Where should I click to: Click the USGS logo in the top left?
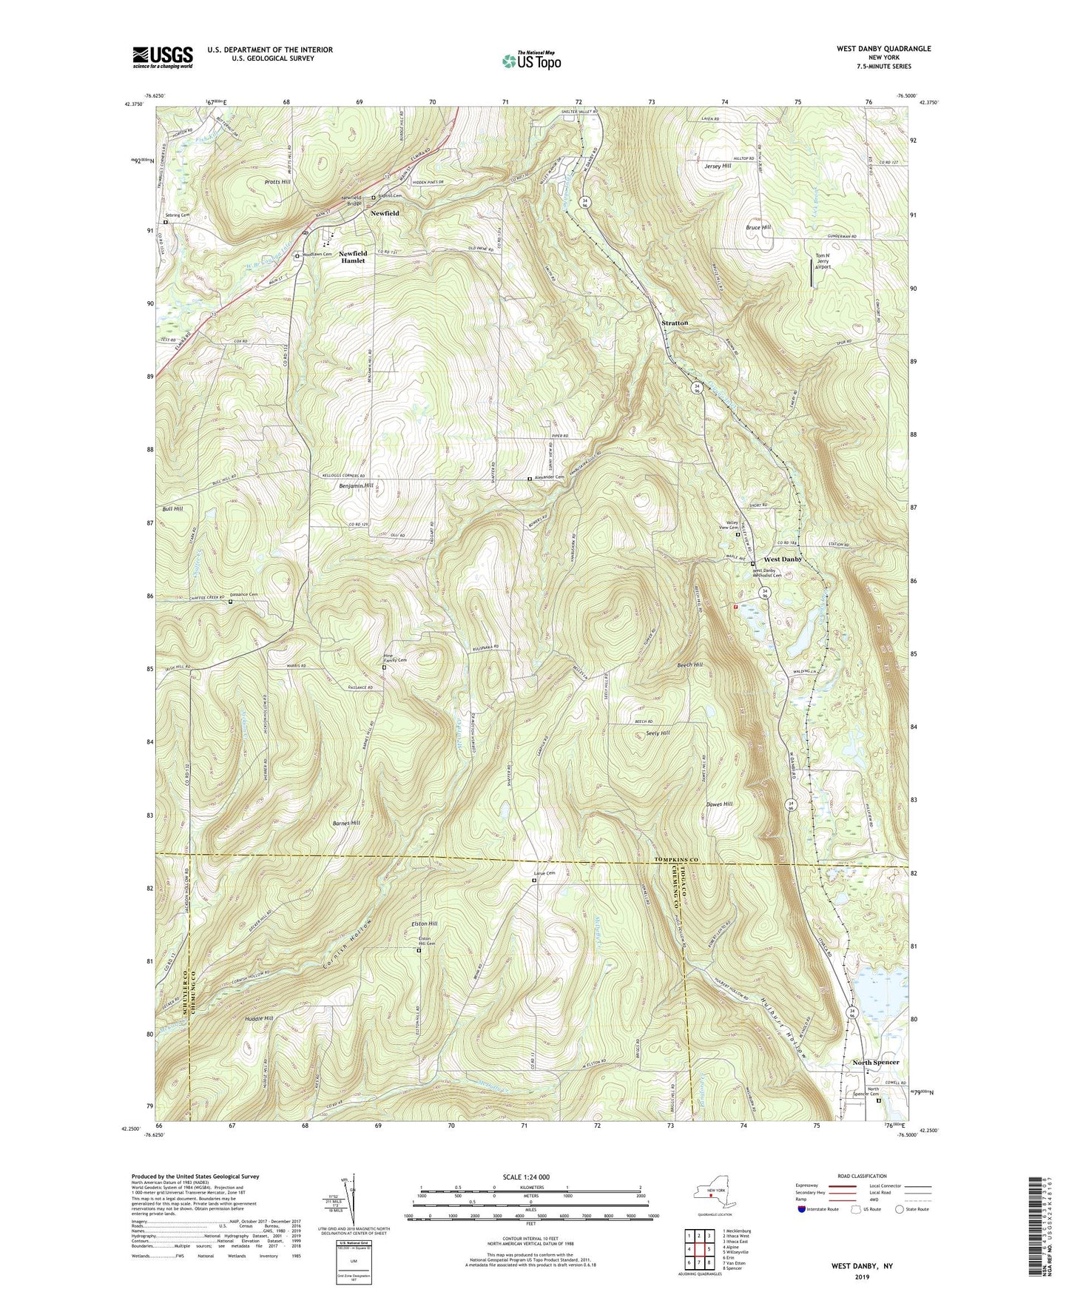click(x=163, y=57)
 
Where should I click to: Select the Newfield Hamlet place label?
click(x=352, y=257)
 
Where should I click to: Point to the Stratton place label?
click(x=674, y=323)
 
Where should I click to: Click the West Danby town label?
click(x=783, y=559)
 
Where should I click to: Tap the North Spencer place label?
click(x=875, y=1062)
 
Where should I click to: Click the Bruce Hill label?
click(x=758, y=227)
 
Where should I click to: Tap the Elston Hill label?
click(x=425, y=923)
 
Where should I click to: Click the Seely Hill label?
click(x=657, y=733)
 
